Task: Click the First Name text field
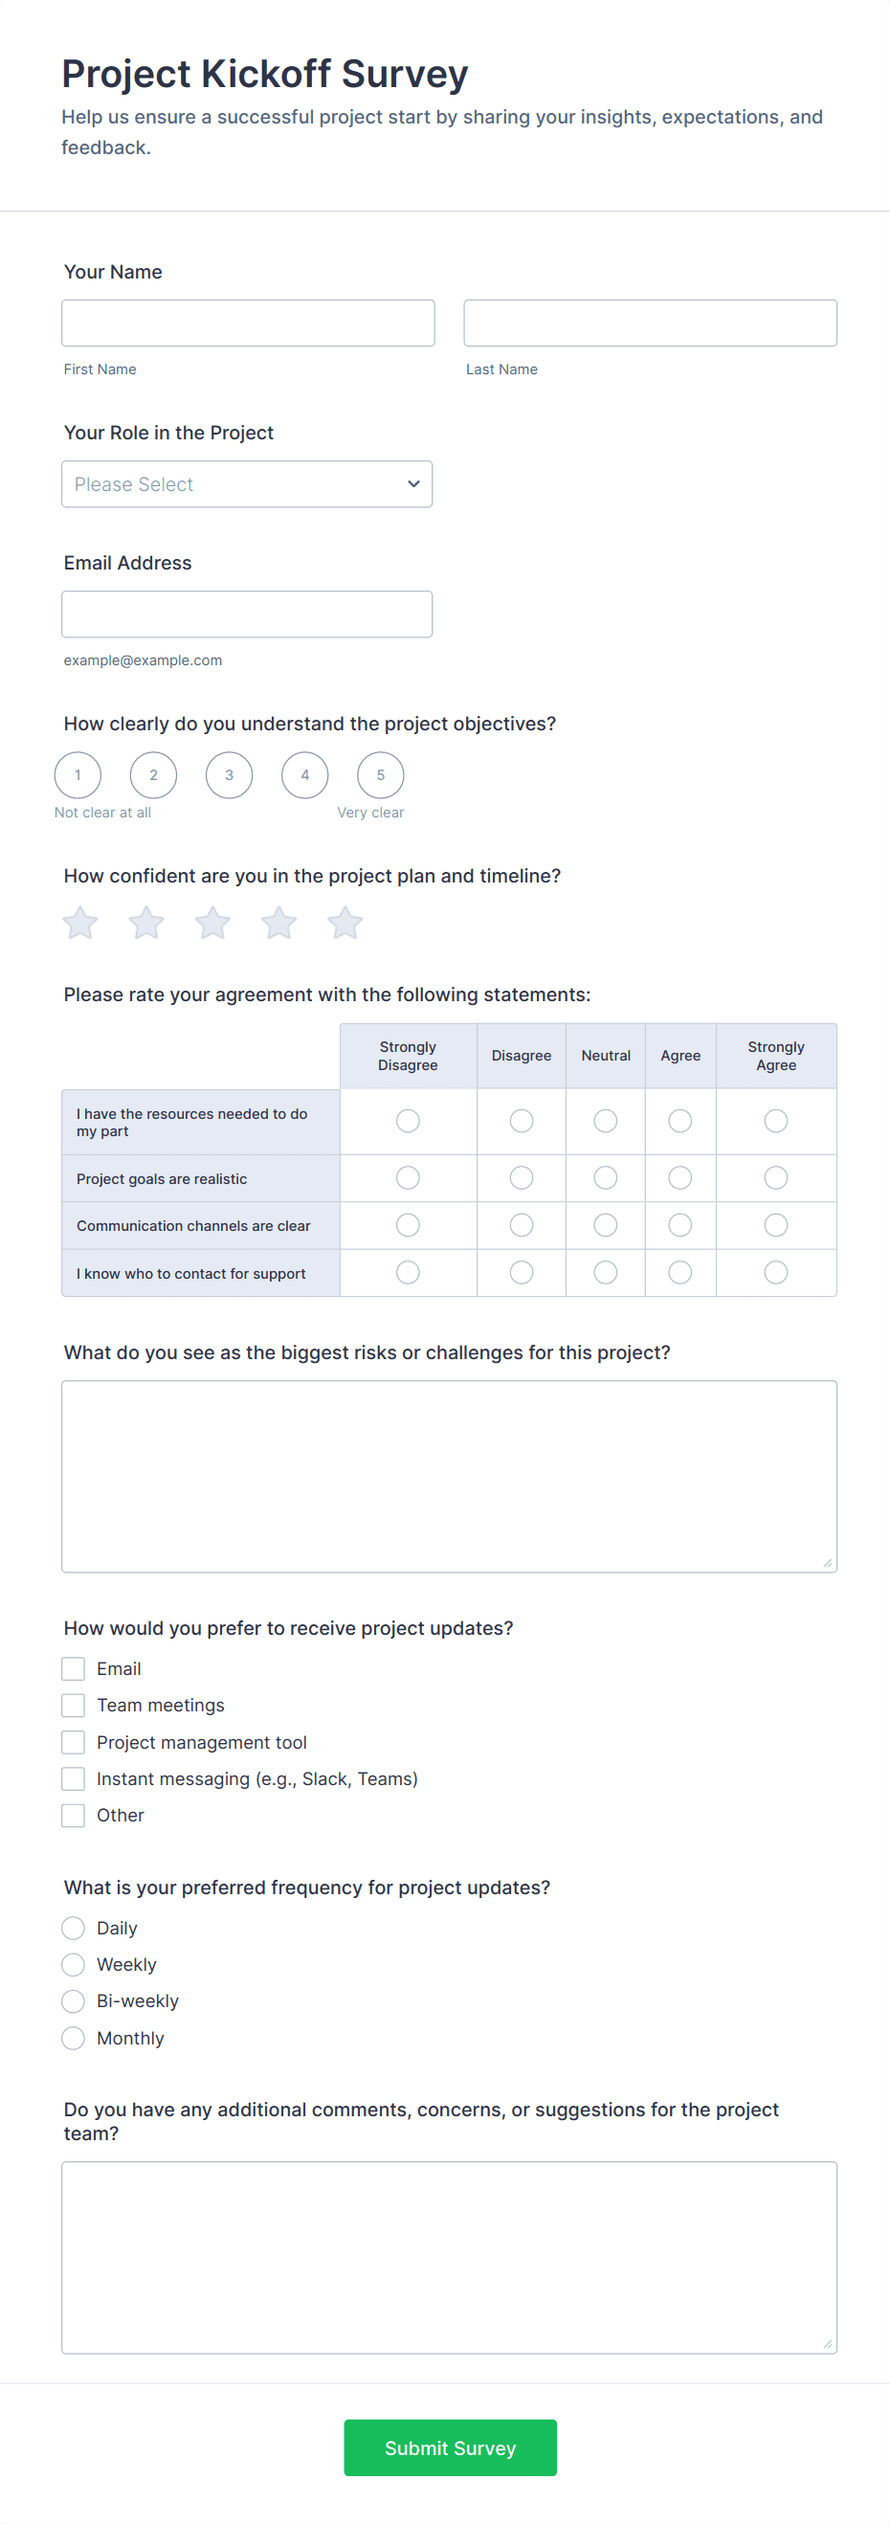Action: [247, 323]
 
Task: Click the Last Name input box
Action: [649, 323]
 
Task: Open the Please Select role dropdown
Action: [246, 484]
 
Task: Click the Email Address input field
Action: [246, 614]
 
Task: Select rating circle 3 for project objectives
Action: [229, 775]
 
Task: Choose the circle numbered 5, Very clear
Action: [380, 775]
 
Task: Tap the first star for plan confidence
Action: [80, 923]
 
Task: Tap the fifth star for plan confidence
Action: [345, 923]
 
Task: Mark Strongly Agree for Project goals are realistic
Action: [775, 1177]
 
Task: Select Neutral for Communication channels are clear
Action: [606, 1225]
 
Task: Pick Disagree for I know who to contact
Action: [522, 1273]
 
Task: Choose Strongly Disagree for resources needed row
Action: [408, 1121]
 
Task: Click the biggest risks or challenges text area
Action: [449, 1476]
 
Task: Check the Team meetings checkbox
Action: [74, 1705]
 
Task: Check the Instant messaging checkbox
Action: [74, 1778]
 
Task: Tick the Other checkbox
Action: [74, 1816]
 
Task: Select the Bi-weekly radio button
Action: [74, 2000]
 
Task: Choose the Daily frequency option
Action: [74, 1929]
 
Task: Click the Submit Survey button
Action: [450, 2447]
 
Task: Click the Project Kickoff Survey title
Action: [265, 75]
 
